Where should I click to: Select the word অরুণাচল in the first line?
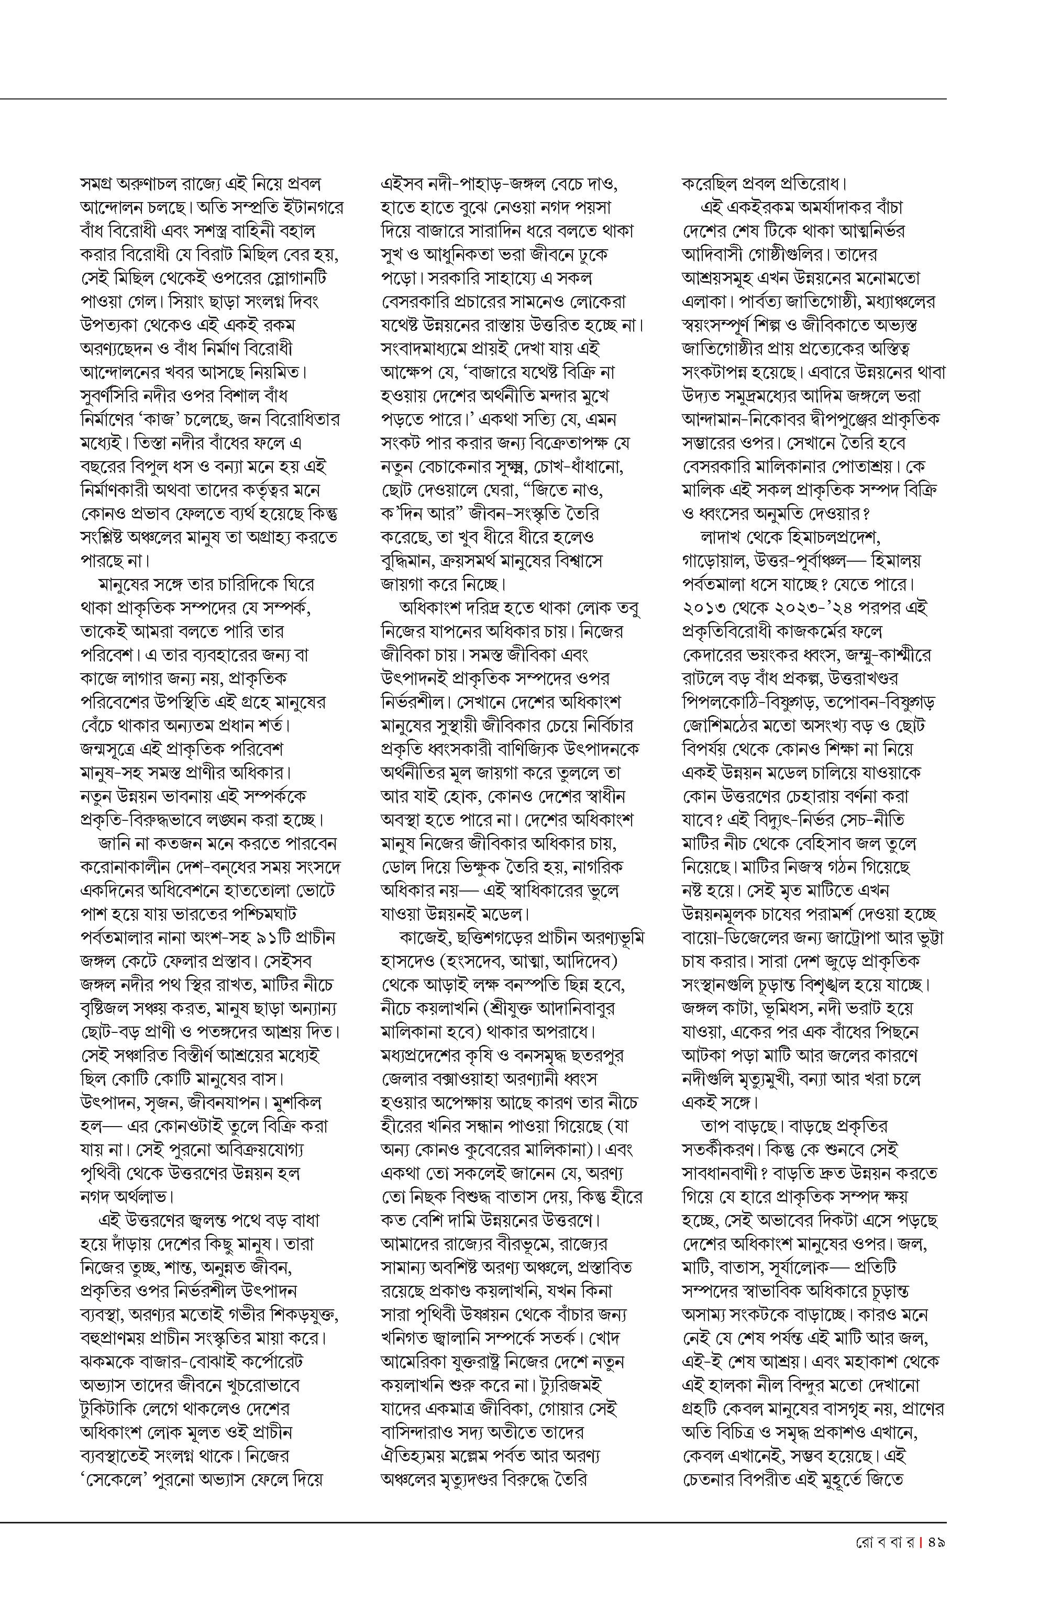pos(150,183)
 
